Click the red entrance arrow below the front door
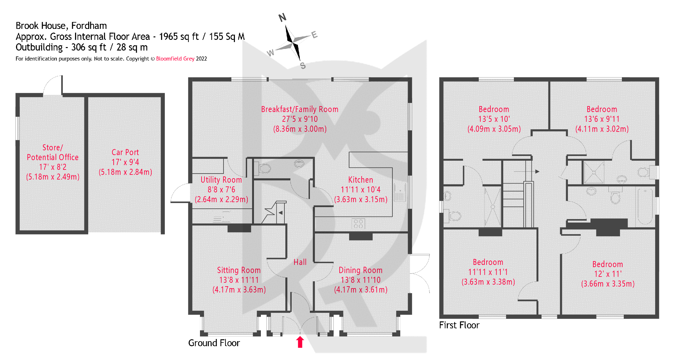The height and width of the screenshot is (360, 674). (x=300, y=342)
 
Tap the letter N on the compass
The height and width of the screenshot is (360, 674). (x=282, y=17)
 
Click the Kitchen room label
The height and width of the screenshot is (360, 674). (x=360, y=180)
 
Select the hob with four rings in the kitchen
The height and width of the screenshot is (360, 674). (x=358, y=224)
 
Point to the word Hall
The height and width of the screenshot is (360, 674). (x=300, y=262)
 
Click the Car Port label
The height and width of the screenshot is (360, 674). (x=125, y=152)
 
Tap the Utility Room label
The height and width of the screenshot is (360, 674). (x=221, y=180)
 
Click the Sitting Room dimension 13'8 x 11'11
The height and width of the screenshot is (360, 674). (x=239, y=280)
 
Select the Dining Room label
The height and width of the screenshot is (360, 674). (x=360, y=270)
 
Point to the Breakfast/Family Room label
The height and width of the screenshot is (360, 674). (x=299, y=109)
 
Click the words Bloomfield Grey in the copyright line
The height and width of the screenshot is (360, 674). (x=175, y=59)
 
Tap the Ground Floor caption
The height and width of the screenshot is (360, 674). (x=214, y=343)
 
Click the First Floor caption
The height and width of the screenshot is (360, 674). (x=459, y=325)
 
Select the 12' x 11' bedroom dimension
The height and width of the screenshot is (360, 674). (x=608, y=274)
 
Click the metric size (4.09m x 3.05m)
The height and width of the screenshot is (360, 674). (x=494, y=129)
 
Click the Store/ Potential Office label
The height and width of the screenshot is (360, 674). (x=53, y=152)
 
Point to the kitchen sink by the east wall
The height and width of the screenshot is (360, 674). (x=400, y=192)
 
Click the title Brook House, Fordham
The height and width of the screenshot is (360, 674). (x=61, y=25)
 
